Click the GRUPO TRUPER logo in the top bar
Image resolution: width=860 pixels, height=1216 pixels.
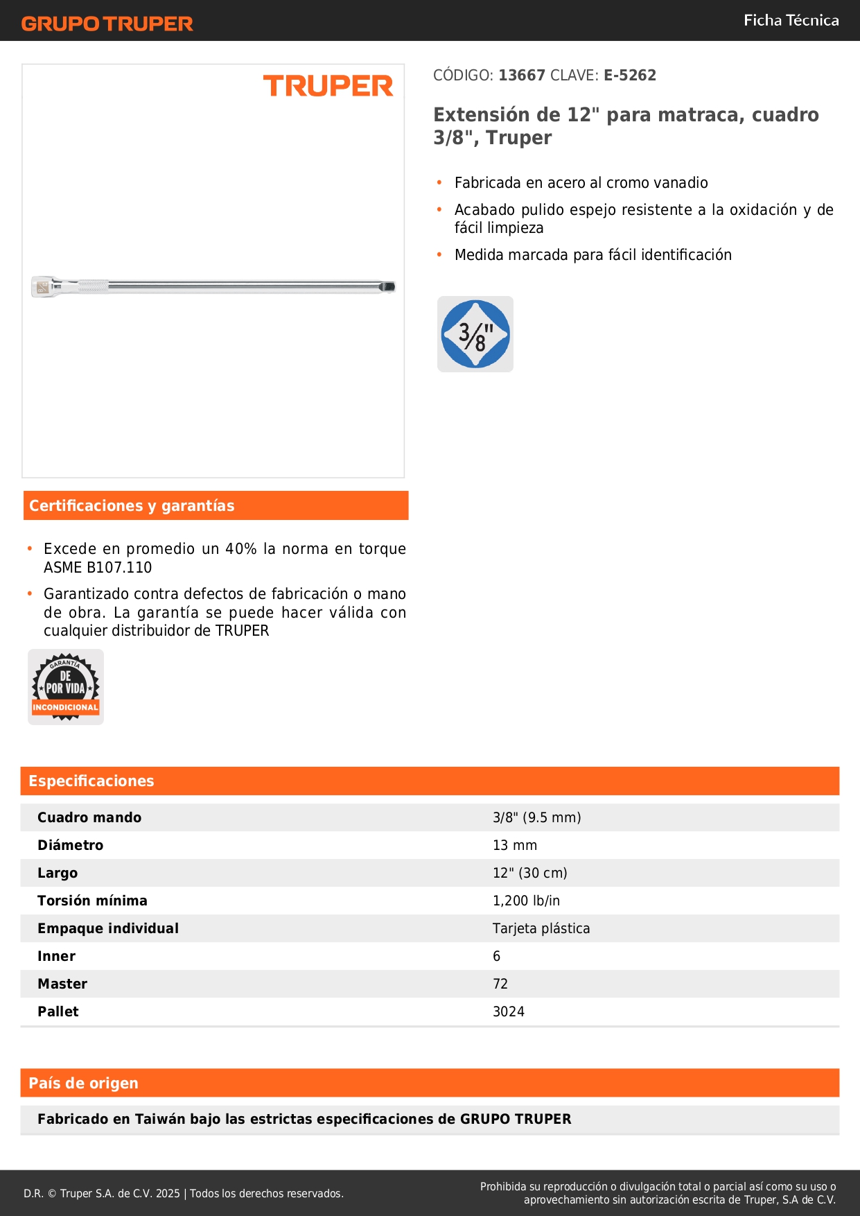click(107, 24)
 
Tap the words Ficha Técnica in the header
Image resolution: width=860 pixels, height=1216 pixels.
click(791, 21)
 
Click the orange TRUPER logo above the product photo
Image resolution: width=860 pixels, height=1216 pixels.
click(328, 86)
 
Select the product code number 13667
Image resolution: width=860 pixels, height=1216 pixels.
click(522, 76)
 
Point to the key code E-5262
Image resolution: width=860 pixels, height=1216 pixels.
click(629, 76)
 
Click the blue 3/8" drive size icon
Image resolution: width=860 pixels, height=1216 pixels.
click(475, 334)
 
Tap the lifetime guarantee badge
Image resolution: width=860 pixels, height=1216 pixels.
click(66, 687)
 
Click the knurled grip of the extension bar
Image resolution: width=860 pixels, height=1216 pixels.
click(92, 286)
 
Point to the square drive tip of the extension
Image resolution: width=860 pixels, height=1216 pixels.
click(389, 286)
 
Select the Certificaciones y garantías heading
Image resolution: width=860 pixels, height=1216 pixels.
click(132, 506)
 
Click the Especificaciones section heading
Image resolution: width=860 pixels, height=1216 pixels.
click(91, 781)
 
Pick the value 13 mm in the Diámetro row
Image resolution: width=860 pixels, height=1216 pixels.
click(515, 845)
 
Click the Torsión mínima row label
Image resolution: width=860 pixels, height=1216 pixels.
click(92, 901)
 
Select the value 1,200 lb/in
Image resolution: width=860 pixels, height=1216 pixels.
click(526, 901)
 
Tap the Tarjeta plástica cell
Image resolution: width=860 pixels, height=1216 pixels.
click(541, 928)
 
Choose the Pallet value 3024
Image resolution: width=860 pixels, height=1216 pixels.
click(509, 1011)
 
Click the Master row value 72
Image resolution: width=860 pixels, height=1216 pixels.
click(500, 984)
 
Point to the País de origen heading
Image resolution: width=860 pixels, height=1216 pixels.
click(83, 1084)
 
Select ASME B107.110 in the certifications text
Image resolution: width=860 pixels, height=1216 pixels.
click(98, 568)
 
